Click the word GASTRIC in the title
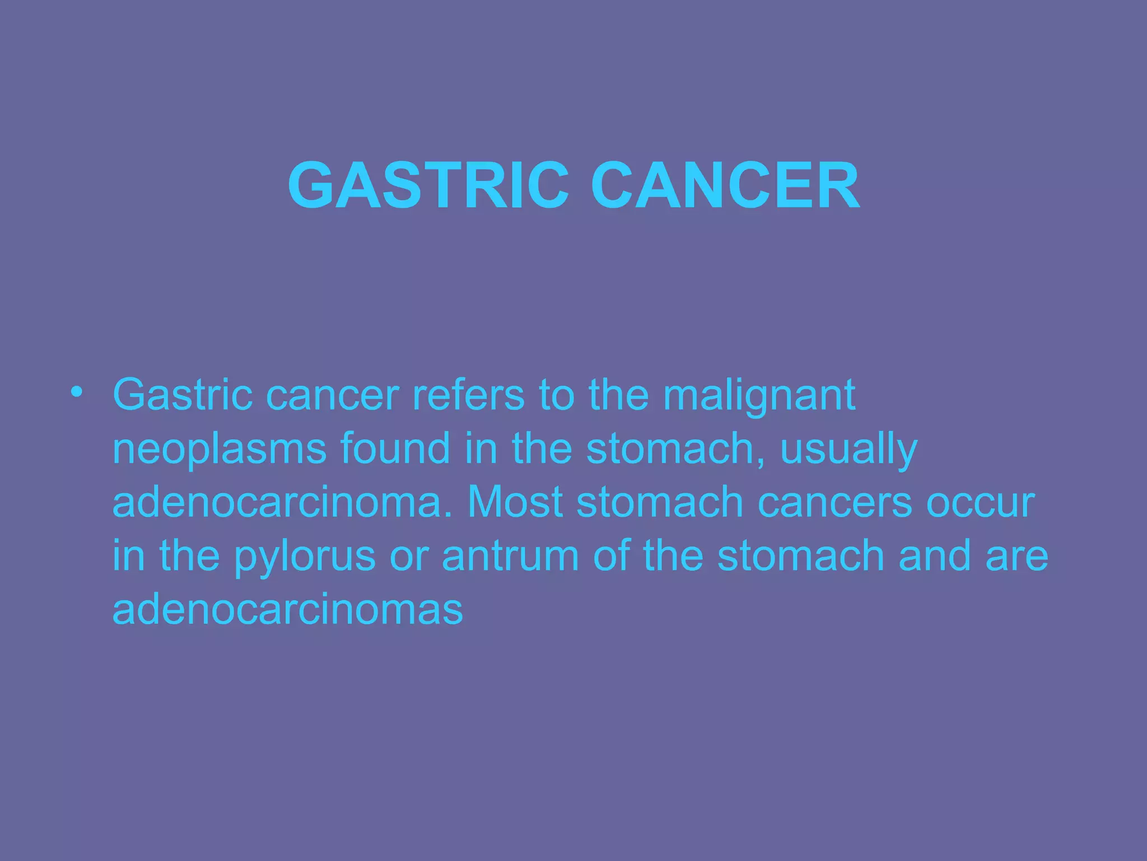(x=428, y=186)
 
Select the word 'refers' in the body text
(x=469, y=395)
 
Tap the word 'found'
(x=395, y=448)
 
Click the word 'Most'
(x=515, y=502)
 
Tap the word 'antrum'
(x=510, y=556)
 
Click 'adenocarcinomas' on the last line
(x=287, y=609)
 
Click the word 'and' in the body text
(x=934, y=556)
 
